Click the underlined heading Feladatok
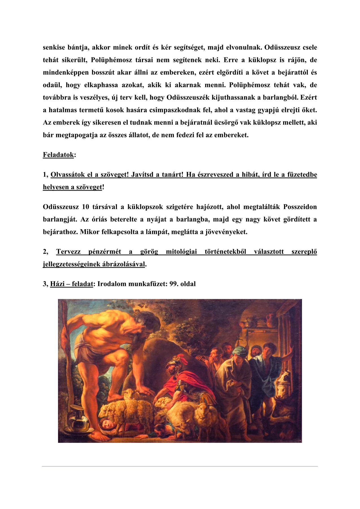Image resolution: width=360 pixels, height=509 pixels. (58, 155)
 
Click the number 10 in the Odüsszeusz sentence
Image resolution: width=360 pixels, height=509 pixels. (85, 207)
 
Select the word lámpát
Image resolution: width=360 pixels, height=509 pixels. (176, 232)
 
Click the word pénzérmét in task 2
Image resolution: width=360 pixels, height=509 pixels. (105, 252)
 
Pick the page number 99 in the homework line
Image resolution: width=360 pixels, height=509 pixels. (173, 284)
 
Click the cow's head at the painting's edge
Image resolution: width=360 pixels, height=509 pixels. (284, 385)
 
